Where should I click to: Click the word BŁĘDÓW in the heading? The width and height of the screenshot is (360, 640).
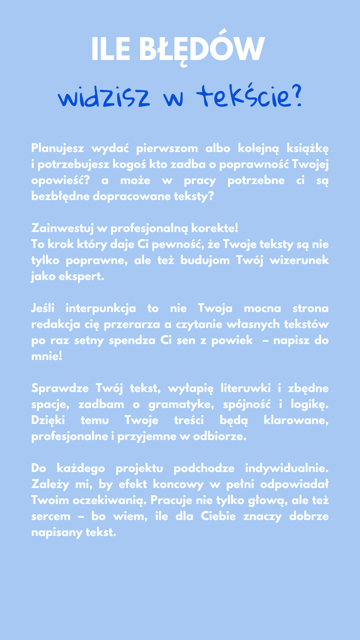pos(202,49)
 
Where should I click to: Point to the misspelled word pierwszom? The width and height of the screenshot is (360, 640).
pos(167,148)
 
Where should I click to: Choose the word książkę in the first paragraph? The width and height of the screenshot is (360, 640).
pos(308,148)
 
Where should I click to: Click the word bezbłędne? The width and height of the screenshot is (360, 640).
pos(60,196)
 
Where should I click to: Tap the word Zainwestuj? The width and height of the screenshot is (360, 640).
pos(62,228)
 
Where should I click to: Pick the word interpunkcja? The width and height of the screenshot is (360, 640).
pos(101,308)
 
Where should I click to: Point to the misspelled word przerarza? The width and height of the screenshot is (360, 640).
pos(132,324)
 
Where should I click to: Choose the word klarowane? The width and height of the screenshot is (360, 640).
pos(296,420)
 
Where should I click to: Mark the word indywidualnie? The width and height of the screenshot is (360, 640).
pos(287,468)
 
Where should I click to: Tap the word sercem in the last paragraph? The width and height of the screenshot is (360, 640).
pos(51,517)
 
